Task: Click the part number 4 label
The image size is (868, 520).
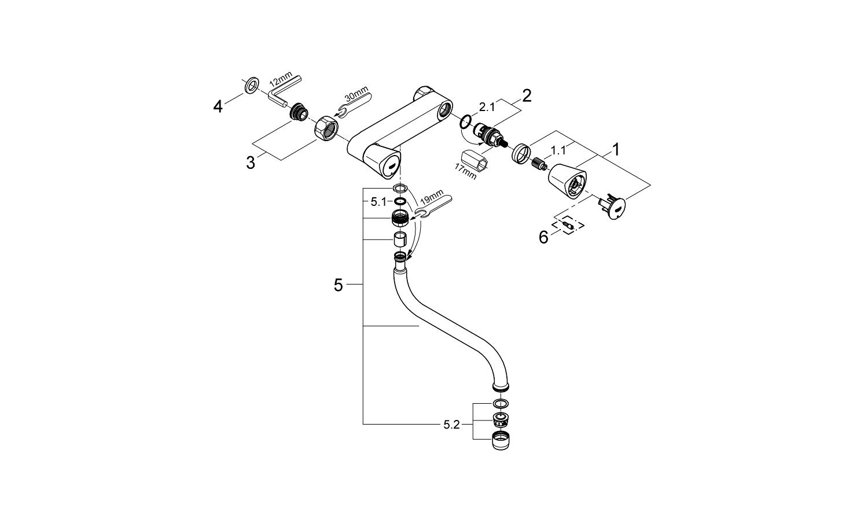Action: tap(218, 106)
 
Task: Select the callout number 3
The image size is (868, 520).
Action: tap(251, 163)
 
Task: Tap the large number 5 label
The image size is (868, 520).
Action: tap(339, 285)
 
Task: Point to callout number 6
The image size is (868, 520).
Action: tap(543, 237)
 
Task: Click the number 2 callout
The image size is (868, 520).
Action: tap(527, 95)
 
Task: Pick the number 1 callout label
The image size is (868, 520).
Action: tap(616, 150)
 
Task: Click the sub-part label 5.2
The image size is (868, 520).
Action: tap(451, 425)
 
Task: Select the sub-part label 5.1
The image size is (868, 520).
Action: tap(378, 202)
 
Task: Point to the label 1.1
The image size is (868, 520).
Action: tap(558, 150)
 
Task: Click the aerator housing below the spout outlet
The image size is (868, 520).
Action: tap(501, 441)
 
